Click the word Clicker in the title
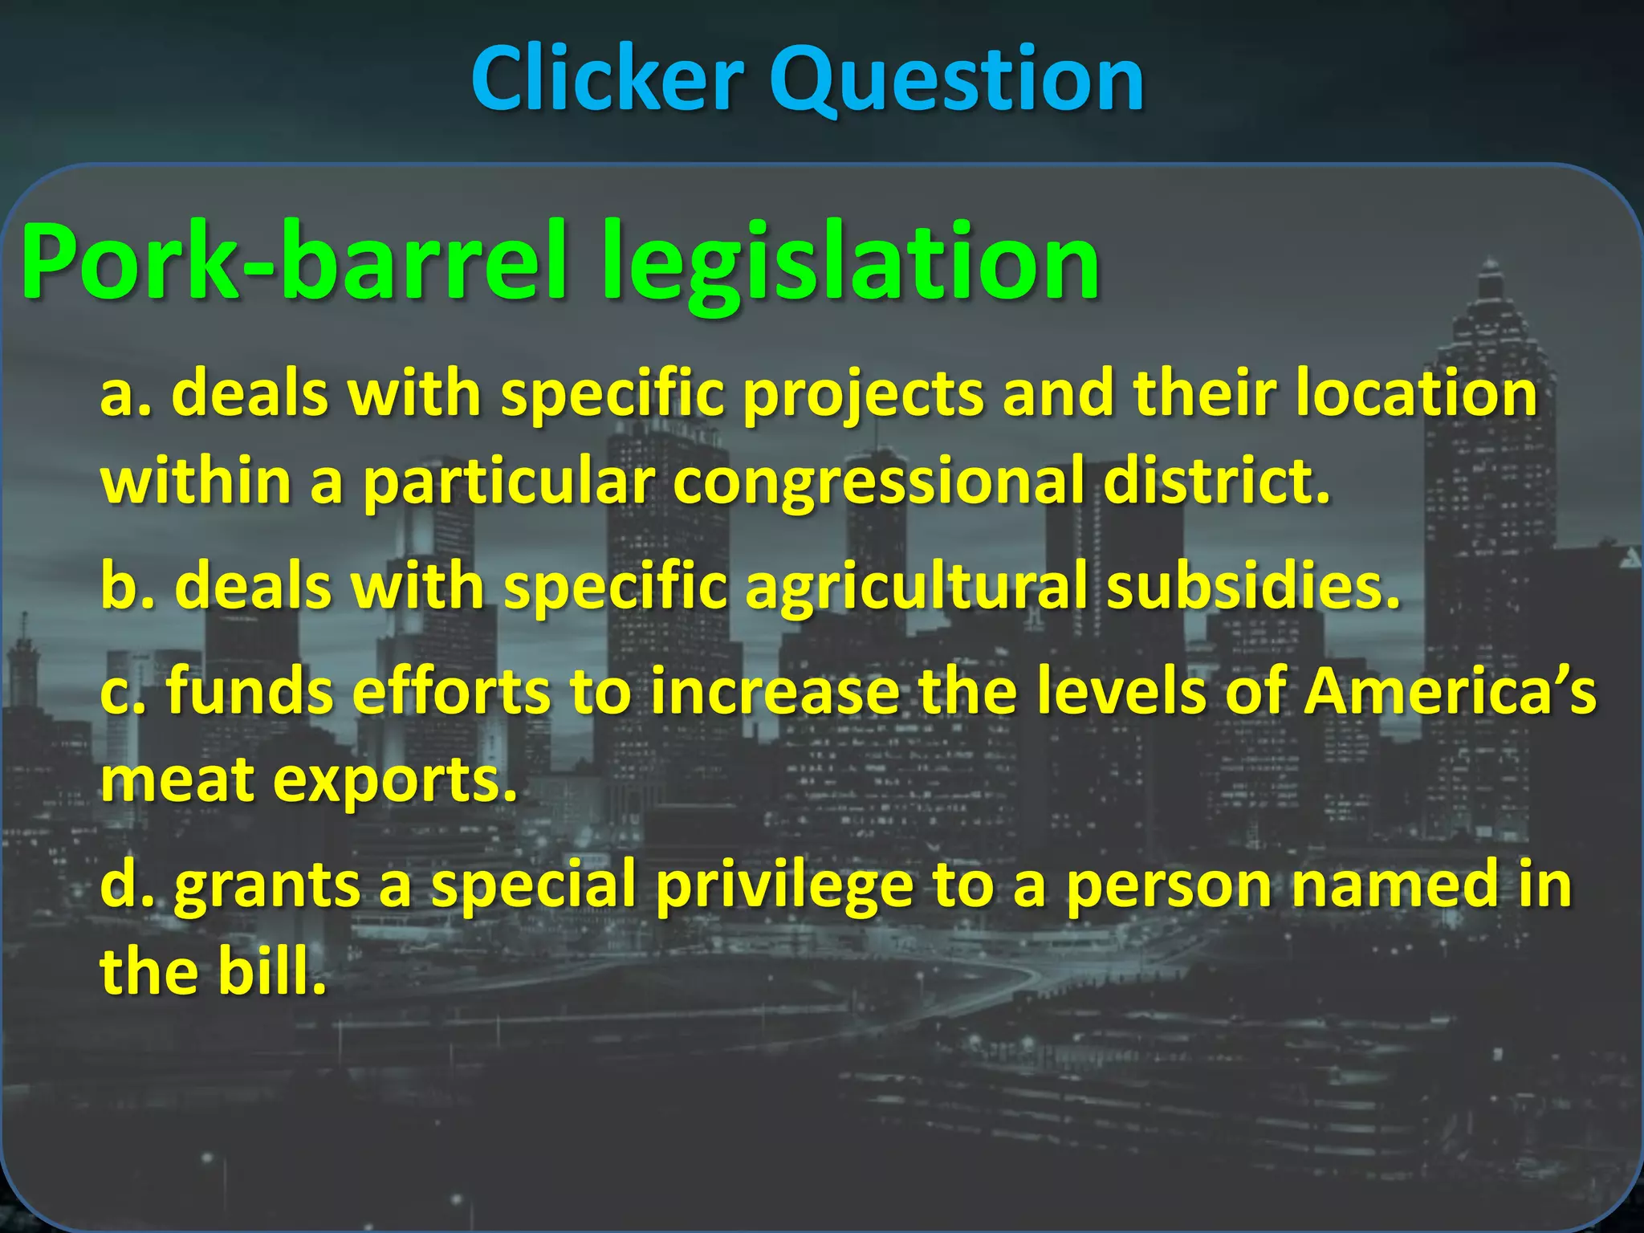(x=607, y=79)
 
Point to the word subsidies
(x=1253, y=586)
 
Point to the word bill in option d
(x=273, y=971)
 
